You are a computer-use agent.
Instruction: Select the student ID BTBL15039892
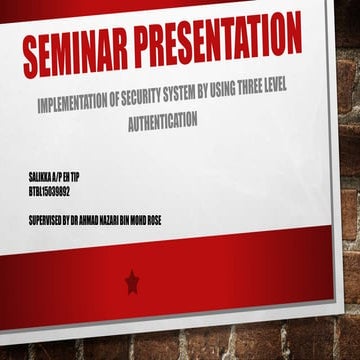point(50,188)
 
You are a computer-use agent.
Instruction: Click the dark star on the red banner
point(132,283)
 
